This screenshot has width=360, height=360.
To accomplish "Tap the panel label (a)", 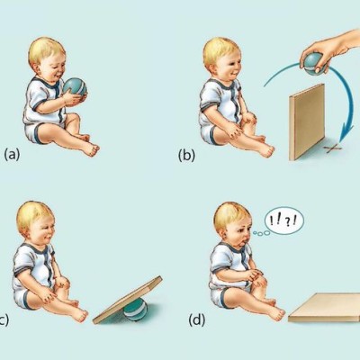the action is (12, 155).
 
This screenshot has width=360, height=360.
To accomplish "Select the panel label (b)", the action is (186, 156).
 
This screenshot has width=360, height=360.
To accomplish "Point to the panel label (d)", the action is (197, 320).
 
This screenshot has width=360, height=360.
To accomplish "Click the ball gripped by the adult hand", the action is (314, 64).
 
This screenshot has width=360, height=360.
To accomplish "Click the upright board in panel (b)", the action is (307, 121).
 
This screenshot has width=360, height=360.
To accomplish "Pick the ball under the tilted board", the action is (135, 310).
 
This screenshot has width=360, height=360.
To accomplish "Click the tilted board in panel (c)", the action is (128, 300).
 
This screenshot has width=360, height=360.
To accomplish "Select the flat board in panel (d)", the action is (325, 308).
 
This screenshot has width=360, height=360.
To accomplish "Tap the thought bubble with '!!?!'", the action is (284, 220).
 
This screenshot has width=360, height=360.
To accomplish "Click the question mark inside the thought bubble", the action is (287, 221).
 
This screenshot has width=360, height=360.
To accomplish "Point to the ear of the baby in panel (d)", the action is (224, 233).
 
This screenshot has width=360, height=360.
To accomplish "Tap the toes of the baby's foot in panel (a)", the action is (95, 150).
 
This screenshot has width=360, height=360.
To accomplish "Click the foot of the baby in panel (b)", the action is (266, 150).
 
